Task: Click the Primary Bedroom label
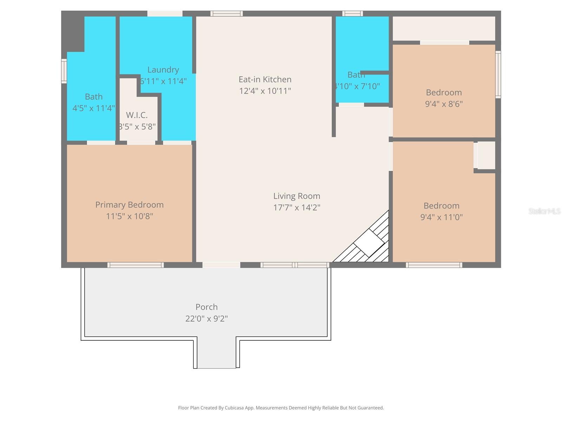129,205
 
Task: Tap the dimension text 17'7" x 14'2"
296,207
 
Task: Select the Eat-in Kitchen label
265,79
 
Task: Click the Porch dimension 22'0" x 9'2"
207,319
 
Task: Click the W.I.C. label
137,115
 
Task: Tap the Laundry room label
163,70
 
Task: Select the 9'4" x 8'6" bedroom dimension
444,104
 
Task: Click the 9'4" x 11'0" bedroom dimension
441,217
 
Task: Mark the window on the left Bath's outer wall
64,71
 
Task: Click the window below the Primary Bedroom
135,265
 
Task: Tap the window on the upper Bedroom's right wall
498,74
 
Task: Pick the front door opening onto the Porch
221,265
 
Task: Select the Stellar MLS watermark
544,211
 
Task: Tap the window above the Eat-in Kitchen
226,14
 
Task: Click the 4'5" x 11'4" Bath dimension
93,108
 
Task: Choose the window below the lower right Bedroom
434,265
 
